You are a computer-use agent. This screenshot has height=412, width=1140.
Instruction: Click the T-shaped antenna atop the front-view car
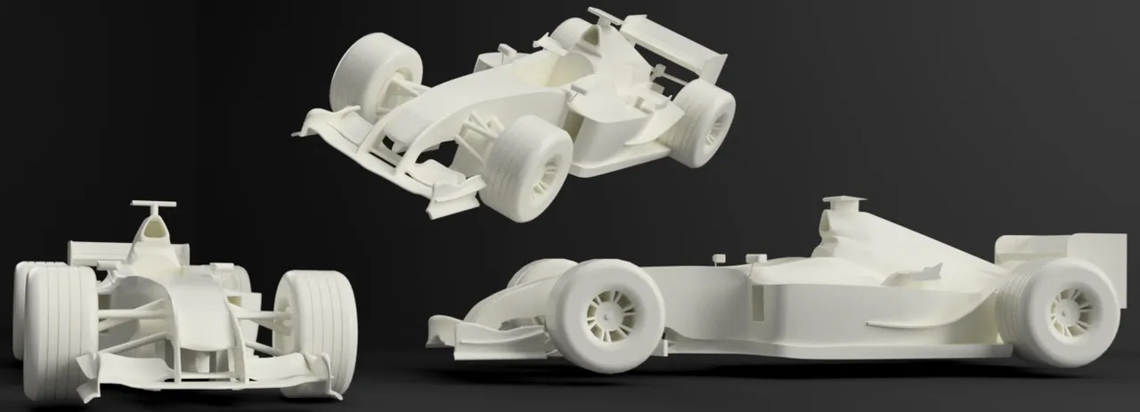coord(153,206)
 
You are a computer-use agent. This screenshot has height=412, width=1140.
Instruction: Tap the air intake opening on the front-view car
coord(154,230)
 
